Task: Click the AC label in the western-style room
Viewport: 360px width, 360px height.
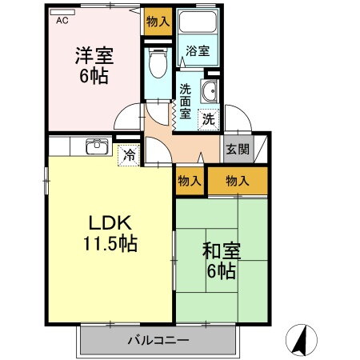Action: (62, 22)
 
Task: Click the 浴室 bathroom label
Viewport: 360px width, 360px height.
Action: (198, 51)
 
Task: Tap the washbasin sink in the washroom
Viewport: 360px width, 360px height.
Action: (210, 92)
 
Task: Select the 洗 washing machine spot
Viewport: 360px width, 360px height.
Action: (207, 120)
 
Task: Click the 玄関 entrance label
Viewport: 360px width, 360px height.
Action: (237, 148)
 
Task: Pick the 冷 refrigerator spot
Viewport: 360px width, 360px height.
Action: (127, 154)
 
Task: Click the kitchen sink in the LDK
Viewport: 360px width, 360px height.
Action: (97, 146)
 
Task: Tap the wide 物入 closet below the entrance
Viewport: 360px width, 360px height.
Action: (238, 182)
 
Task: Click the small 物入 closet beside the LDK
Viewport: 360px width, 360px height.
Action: (190, 182)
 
